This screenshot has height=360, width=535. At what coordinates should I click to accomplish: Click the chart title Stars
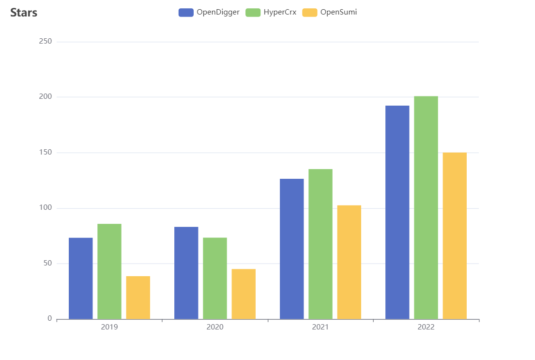click(x=24, y=13)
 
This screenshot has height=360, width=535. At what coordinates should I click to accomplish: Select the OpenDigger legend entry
click(x=209, y=13)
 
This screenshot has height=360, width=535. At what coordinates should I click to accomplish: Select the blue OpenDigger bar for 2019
click(x=81, y=278)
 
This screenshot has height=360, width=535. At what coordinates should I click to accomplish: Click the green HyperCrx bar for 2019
click(x=109, y=271)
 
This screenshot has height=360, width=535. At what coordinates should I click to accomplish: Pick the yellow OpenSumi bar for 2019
click(x=138, y=297)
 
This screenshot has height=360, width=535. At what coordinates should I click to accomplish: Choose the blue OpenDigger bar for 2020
click(x=186, y=273)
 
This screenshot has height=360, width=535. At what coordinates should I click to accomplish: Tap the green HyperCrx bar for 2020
click(x=215, y=278)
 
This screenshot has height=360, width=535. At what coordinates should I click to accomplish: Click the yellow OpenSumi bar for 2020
click(x=244, y=294)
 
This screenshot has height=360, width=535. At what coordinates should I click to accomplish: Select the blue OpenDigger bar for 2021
click(x=292, y=249)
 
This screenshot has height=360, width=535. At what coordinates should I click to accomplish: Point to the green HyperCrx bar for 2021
click(x=321, y=244)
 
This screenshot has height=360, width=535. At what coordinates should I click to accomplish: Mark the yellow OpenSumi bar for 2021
click(x=349, y=262)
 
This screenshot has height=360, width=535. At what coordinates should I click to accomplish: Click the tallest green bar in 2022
click(x=426, y=207)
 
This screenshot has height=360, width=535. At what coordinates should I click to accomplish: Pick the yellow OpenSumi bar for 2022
click(x=455, y=235)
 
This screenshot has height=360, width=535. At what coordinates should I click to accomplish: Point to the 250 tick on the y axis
click(x=46, y=42)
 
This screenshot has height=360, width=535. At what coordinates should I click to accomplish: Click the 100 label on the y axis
click(x=46, y=208)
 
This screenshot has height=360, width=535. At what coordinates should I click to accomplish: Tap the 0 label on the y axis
click(x=49, y=319)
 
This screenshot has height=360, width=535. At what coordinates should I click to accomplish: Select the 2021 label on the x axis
click(x=321, y=327)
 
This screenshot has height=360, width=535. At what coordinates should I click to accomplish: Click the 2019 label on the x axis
click(x=109, y=327)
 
